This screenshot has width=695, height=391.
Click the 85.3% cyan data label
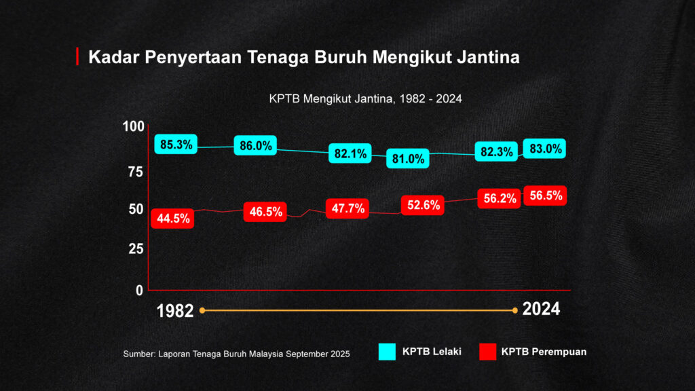176,144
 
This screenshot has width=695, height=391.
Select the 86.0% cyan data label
255,145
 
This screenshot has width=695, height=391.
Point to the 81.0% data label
408,159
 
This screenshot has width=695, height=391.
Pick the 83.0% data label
545,149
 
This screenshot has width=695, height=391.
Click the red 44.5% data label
172,218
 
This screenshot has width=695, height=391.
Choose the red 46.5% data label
265,211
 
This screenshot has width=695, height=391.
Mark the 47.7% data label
347,208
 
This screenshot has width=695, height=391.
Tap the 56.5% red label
546,196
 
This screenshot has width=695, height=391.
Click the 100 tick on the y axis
134,126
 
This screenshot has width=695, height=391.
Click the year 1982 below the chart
175,311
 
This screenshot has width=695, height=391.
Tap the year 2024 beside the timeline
541,310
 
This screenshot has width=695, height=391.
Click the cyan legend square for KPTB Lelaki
387,352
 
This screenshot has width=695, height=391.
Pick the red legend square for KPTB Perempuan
487,352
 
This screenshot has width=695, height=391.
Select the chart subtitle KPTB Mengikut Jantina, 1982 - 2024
365,98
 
